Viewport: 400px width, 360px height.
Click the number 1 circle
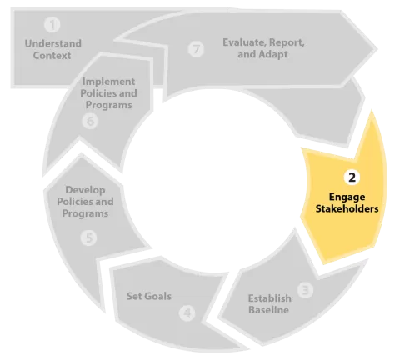pyautogui.click(x=53, y=26)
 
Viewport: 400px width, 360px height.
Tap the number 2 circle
pyautogui.click(x=352, y=177)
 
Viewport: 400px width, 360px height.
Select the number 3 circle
pyautogui.click(x=306, y=290)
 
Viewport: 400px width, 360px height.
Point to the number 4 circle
pyautogui.click(x=187, y=314)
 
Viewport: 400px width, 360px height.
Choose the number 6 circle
pyautogui.click(x=92, y=121)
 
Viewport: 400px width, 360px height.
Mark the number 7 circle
pyautogui.click(x=197, y=49)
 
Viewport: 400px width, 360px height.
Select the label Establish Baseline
pyautogui.click(x=268, y=304)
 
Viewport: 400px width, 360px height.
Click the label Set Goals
pyautogui.click(x=149, y=296)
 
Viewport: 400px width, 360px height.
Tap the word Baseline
pyautogui.click(x=268, y=311)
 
